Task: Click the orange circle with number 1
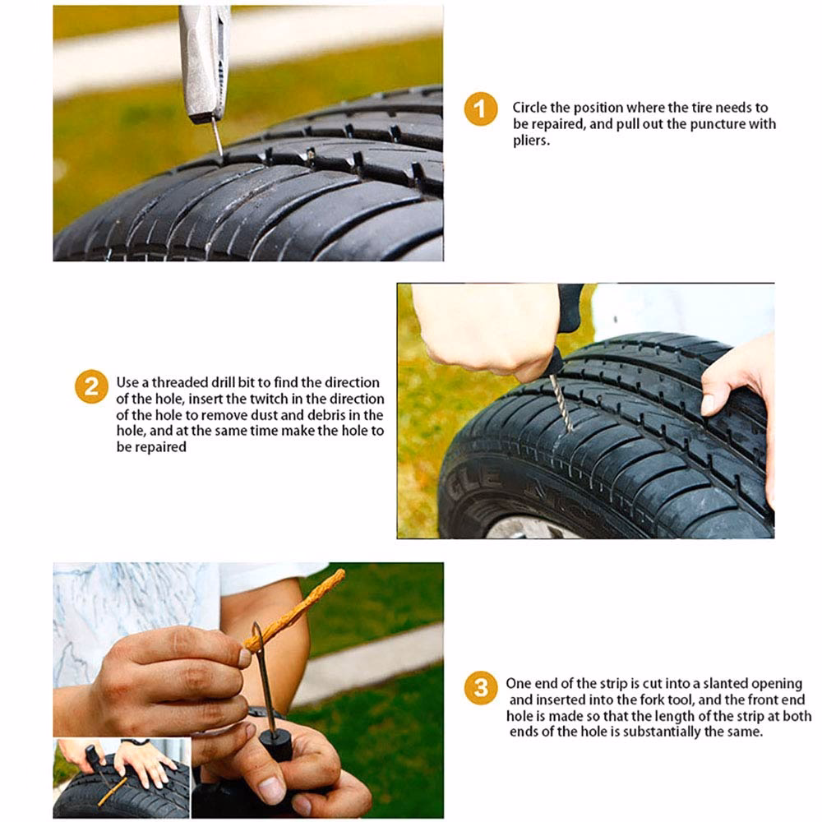(481, 109)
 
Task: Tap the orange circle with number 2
(91, 386)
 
